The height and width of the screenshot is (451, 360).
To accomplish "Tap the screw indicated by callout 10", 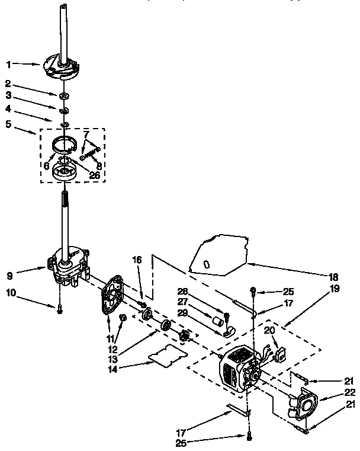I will pyautogui.click(x=60, y=306).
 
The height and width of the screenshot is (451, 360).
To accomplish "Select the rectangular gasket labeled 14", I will pyautogui.click(x=165, y=354).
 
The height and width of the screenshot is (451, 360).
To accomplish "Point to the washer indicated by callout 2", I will pyautogui.click(x=62, y=95).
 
